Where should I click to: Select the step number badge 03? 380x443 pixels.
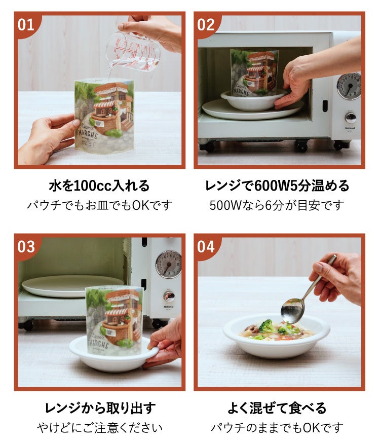click(x=26, y=247)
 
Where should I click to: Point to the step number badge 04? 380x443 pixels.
click(x=206, y=247)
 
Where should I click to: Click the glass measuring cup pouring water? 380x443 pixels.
click(x=133, y=50)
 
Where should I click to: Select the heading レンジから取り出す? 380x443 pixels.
click(x=99, y=408)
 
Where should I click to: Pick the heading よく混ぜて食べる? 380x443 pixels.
click(x=277, y=408)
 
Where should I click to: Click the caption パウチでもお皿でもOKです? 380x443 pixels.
click(x=99, y=205)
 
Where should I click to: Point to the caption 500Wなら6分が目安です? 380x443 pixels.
click(x=277, y=205)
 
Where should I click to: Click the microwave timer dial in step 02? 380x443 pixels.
click(x=349, y=86)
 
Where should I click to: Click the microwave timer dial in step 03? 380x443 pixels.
click(x=168, y=264)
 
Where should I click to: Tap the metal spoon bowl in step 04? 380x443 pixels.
click(x=292, y=310)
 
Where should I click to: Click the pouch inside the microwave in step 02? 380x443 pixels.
click(x=254, y=72)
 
